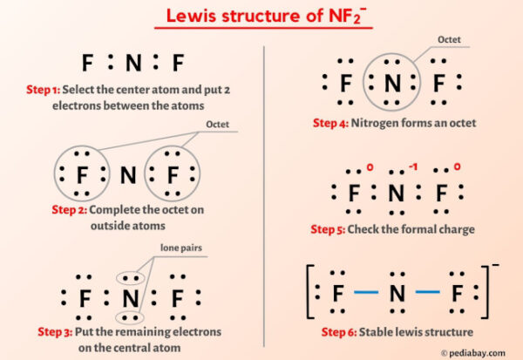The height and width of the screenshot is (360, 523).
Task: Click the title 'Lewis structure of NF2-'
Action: pos(261,17)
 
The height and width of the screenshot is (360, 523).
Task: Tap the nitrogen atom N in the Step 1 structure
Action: pos(128,63)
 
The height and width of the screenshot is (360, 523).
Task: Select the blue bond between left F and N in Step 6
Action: pos(367,295)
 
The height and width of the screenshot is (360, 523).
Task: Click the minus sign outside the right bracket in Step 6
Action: pos(497,266)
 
